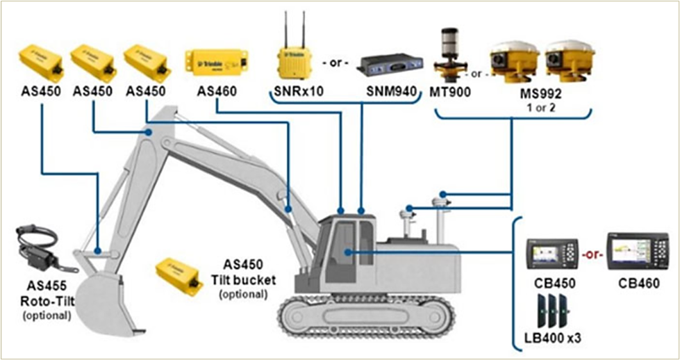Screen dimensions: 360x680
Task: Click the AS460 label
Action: pyautogui.click(x=217, y=91)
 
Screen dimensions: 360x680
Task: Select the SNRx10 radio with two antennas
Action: pyautogui.click(x=290, y=61)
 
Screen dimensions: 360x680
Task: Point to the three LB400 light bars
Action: pyautogui.click(x=552, y=311)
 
